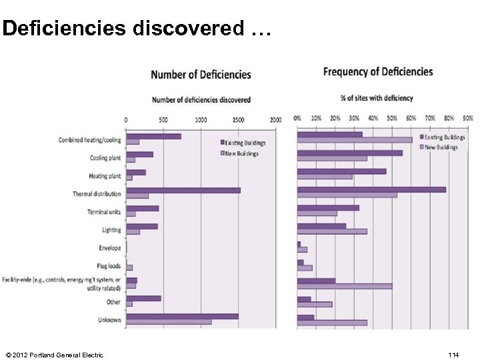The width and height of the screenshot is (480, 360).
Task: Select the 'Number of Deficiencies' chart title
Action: [x=201, y=74]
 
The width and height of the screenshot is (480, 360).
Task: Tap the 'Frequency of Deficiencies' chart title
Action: [x=378, y=72]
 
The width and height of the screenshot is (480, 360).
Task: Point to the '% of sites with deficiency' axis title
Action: [x=377, y=98]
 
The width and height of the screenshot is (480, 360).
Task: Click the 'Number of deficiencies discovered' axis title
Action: [x=201, y=100]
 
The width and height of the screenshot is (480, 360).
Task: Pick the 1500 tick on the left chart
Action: [x=239, y=119]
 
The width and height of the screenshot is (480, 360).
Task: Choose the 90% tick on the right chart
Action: [x=467, y=118]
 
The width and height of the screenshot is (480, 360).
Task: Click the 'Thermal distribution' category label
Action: [x=97, y=194]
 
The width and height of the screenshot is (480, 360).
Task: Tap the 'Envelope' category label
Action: [x=110, y=248]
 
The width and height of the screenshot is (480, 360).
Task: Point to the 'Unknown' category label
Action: [x=109, y=320]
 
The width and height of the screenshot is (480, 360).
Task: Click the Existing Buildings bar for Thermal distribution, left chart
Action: [x=183, y=190]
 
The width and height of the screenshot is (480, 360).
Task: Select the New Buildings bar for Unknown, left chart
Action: [x=169, y=322]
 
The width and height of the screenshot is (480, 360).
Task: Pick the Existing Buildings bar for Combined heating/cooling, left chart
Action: [x=153, y=136]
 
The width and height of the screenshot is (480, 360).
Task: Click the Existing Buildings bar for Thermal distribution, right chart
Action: [x=371, y=189]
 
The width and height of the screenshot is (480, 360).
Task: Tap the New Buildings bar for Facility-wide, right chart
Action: [x=344, y=286]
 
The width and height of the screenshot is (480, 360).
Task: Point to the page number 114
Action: [x=453, y=355]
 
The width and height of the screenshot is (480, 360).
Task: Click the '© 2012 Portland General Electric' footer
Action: [x=54, y=355]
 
